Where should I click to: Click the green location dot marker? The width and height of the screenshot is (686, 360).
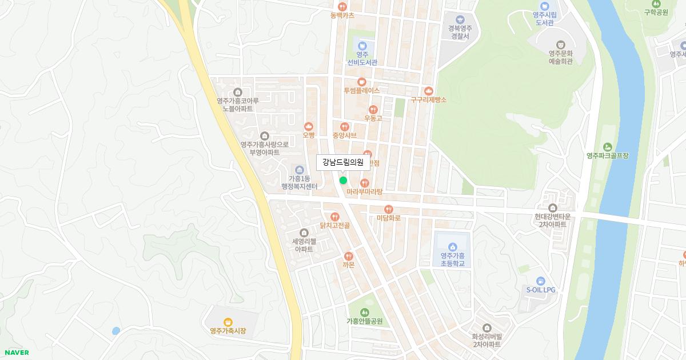(343, 180)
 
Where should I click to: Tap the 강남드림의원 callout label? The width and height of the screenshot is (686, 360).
(342, 162)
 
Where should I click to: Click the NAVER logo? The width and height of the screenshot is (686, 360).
(16, 353)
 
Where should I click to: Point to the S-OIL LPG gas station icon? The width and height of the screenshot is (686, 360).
(541, 281)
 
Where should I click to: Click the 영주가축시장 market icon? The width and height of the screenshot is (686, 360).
(228, 322)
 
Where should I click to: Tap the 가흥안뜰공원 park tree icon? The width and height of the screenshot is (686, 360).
(364, 312)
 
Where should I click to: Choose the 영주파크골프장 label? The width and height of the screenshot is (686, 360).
(607, 155)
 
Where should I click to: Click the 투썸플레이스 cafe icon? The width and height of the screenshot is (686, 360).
(361, 82)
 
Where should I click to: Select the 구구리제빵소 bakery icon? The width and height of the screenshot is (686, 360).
(428, 90)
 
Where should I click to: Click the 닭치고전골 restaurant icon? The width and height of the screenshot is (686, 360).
(335, 217)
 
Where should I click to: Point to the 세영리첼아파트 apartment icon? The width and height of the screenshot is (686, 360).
(304, 232)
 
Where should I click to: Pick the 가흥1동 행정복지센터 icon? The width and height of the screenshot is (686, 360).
(299, 170)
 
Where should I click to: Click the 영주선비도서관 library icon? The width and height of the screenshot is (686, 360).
(362, 46)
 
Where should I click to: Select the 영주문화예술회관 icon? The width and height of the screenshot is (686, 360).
(561, 44)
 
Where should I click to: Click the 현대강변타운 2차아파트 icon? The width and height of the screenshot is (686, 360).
(552, 207)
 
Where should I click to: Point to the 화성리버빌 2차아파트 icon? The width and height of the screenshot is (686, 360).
(486, 327)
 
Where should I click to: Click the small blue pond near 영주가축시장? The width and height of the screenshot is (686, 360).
(116, 331)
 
